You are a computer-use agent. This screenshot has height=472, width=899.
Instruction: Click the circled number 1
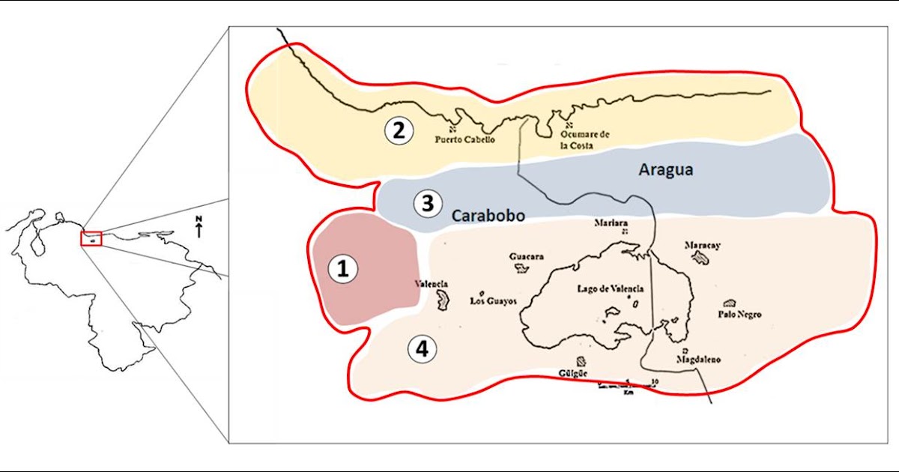point(343,270)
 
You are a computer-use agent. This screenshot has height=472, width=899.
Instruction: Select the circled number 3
point(428,203)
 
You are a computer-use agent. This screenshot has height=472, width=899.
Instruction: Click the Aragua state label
point(665,170)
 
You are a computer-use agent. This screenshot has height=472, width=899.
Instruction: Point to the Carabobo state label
point(488,215)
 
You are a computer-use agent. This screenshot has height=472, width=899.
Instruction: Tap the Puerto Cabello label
point(464,139)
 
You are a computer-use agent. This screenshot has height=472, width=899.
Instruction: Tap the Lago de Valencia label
point(611,288)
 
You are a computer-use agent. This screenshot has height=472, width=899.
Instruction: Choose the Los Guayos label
point(494,301)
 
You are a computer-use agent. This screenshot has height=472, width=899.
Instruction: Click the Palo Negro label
point(739,315)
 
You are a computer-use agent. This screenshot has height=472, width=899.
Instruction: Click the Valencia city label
point(432,284)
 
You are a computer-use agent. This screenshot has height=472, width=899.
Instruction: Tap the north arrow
point(199,227)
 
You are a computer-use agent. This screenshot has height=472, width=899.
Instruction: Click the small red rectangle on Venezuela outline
point(91,238)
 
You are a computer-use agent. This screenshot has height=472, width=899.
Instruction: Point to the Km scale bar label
point(628,391)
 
